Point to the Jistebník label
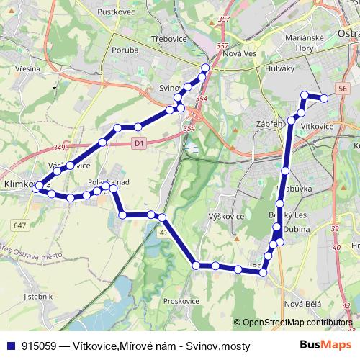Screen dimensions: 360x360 tap(38, 296)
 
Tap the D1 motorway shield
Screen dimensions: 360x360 tap(140, 143)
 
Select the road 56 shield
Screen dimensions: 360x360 tap(343, 88)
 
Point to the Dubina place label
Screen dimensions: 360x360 tap(297, 229)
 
